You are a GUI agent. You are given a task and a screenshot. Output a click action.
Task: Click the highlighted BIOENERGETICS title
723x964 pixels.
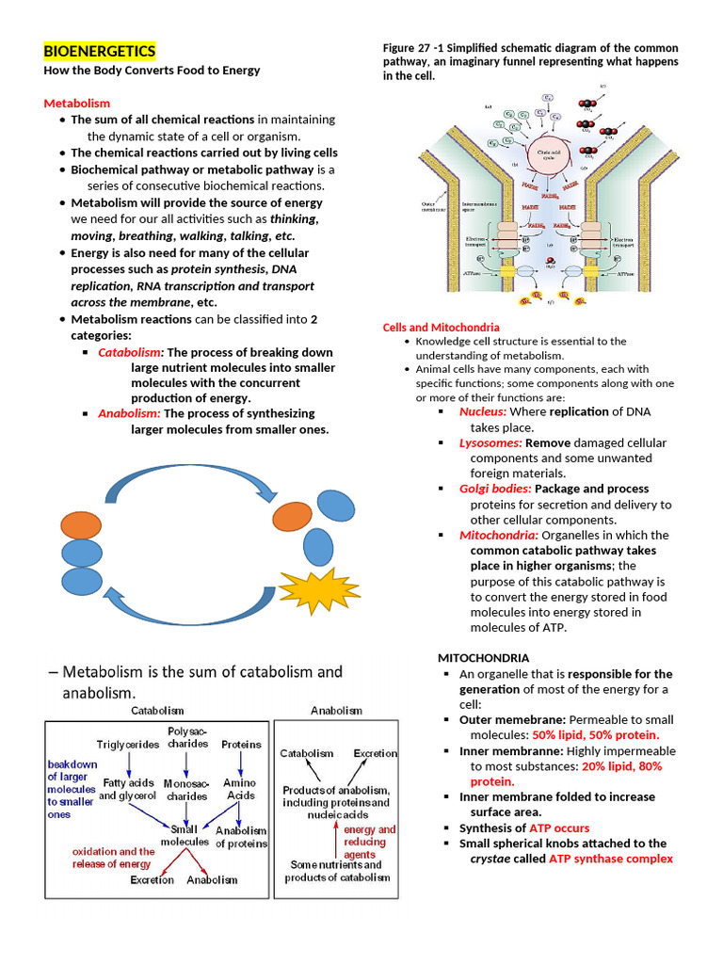[101, 51]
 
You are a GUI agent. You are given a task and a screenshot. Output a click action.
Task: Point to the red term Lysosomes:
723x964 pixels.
[490, 442]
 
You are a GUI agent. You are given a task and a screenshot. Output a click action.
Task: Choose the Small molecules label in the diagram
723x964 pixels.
[192, 834]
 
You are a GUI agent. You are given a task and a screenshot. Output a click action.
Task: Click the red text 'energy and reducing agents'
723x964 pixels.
[369, 842]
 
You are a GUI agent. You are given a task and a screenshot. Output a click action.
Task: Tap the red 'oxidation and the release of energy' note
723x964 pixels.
[113, 858]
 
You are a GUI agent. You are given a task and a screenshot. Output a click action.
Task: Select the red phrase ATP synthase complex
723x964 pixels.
[611, 859]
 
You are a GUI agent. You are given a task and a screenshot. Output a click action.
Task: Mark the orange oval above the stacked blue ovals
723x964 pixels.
[83, 526]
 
